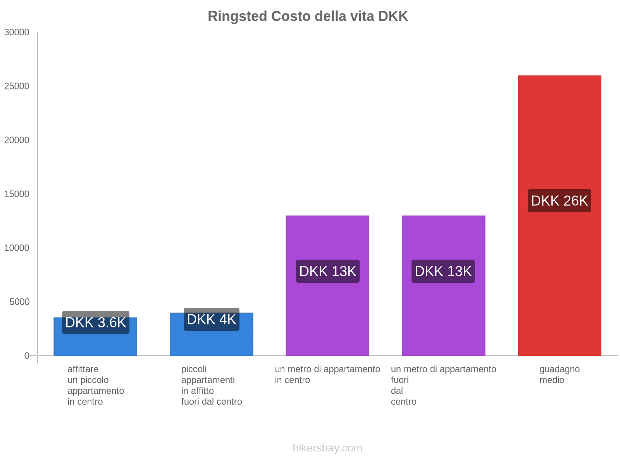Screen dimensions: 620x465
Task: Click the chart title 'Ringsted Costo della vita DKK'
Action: point(308,16)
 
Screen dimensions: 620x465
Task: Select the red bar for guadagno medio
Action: point(559,215)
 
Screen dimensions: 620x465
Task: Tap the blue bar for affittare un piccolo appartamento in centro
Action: point(95,336)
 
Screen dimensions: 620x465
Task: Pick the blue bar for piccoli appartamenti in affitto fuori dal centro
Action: point(211,334)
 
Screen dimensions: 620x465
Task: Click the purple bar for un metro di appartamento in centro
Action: point(327,286)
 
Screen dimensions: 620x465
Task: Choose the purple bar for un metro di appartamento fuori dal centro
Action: point(443,286)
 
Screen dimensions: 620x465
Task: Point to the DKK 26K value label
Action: point(559,201)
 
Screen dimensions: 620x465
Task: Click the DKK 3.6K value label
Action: point(95,322)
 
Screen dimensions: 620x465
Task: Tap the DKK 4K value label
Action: point(211,319)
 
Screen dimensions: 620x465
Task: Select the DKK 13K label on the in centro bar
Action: point(328,271)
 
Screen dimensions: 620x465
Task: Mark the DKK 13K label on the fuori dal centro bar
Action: point(443,271)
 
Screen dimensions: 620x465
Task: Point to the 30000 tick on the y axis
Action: point(17,32)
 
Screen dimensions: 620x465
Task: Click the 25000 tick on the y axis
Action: point(17,86)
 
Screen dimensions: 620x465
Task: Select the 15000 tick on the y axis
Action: point(17,194)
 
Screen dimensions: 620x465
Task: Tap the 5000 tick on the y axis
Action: point(19,302)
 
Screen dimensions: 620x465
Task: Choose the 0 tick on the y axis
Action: point(27,356)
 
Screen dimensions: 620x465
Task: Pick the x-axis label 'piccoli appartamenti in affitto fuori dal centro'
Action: point(212,386)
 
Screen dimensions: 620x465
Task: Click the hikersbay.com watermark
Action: point(327,448)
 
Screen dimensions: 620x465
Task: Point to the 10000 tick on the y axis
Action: point(17,248)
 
